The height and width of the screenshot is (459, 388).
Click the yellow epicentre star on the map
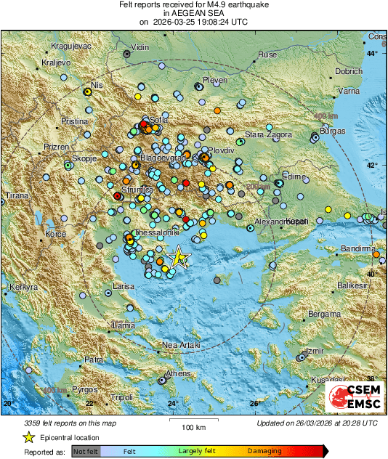178,257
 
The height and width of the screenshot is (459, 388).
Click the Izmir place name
315,351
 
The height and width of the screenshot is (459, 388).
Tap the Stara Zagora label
267,134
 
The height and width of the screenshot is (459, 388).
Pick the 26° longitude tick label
255,404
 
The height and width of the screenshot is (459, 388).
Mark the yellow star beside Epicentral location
29,437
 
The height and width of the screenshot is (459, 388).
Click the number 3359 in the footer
34,422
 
